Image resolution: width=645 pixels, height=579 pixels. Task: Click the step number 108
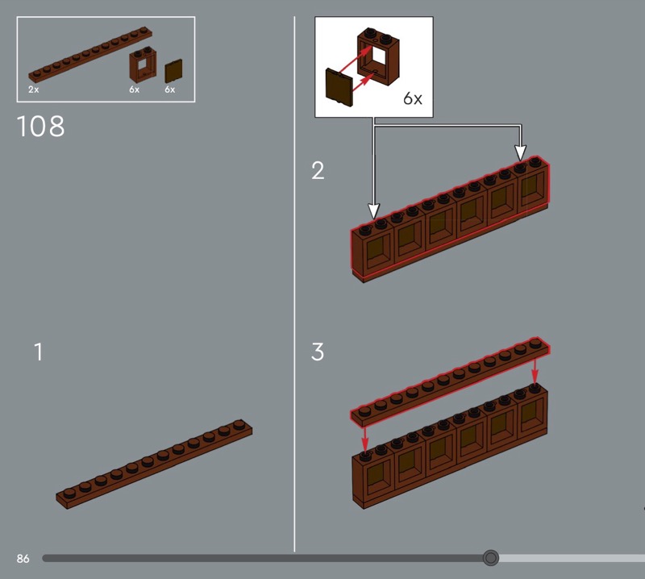click(x=41, y=126)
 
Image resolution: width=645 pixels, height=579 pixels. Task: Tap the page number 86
click(x=23, y=558)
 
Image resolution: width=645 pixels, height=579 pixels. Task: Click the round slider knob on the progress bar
click(x=490, y=558)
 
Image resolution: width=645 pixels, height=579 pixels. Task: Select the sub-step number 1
click(x=38, y=352)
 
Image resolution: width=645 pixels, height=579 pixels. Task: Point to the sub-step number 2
click(x=318, y=170)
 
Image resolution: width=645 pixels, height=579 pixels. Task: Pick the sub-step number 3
click(x=318, y=352)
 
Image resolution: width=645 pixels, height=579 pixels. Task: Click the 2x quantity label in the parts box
click(x=33, y=90)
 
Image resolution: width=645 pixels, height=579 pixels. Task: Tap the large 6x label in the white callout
click(x=413, y=98)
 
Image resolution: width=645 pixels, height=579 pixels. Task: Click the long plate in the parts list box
click(x=90, y=55)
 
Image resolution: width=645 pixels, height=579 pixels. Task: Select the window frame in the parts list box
click(x=143, y=65)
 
